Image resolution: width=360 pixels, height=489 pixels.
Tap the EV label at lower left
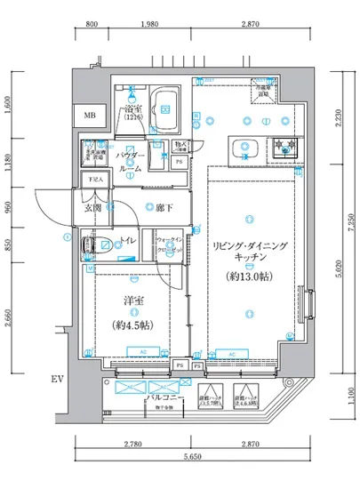57,381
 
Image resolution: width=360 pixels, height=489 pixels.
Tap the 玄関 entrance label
93,208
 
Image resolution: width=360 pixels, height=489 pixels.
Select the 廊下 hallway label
162,208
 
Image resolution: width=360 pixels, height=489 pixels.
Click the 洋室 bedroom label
134,301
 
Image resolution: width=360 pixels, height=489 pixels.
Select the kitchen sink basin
243,148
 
